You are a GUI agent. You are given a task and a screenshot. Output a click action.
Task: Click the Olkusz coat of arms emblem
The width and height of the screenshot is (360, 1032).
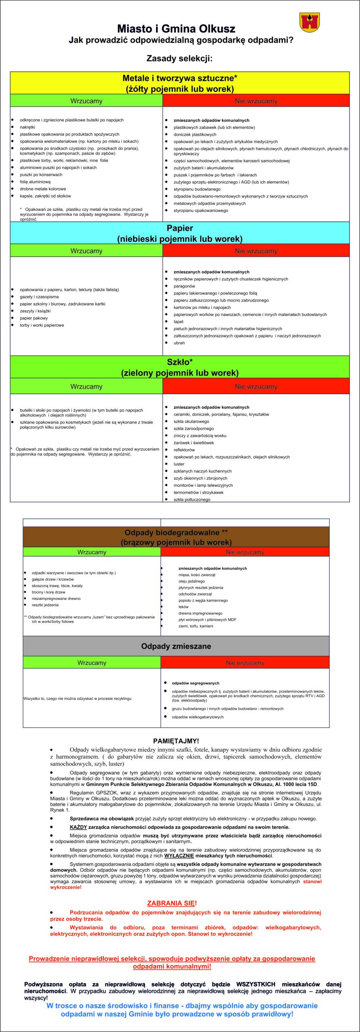310,22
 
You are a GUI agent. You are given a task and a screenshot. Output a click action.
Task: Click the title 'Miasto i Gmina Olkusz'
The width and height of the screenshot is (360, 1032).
176,29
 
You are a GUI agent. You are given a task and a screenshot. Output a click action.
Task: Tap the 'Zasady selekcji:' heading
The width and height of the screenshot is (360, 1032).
179,58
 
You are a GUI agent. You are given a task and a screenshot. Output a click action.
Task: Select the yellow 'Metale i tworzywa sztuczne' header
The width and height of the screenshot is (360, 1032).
180,83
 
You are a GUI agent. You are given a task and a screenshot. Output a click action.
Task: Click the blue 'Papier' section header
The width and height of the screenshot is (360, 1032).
180,233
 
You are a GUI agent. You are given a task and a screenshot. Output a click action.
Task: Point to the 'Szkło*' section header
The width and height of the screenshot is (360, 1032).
180,367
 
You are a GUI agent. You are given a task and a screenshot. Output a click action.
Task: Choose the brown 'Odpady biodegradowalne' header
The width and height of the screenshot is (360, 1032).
176,537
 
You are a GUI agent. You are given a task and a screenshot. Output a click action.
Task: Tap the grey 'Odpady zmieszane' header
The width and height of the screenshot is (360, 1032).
176,646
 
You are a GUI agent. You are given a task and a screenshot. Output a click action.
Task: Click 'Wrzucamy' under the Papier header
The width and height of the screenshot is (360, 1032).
86,251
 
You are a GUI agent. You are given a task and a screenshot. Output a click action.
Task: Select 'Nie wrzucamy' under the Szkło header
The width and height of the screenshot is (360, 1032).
256,387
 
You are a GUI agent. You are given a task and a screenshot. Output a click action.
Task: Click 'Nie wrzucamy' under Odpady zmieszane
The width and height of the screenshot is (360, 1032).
245,663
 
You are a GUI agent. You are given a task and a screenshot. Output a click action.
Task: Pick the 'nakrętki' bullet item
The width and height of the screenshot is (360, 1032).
27,127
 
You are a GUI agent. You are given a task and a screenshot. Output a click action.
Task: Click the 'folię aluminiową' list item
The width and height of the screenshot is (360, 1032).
35,182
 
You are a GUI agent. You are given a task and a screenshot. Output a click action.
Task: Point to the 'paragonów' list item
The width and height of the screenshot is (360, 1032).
184,286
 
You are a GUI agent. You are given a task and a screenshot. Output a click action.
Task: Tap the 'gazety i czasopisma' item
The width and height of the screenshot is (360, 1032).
39,297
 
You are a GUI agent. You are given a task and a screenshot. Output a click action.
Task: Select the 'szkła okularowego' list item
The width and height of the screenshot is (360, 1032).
191,421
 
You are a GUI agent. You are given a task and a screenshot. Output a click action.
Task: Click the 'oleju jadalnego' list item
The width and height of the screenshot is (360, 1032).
191,581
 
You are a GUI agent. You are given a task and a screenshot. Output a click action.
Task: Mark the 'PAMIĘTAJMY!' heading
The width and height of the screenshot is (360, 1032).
176,741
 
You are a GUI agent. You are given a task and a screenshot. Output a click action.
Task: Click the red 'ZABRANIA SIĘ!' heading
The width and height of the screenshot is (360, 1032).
172,903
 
